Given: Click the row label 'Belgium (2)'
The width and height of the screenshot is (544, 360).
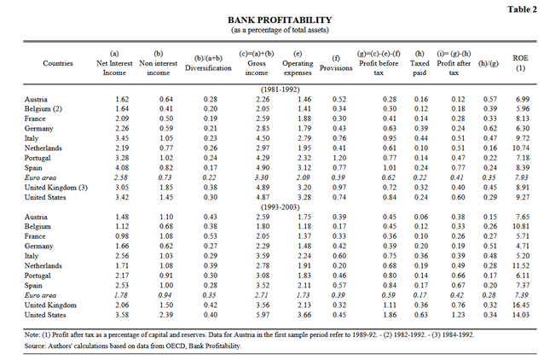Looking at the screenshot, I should coord(42,109).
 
